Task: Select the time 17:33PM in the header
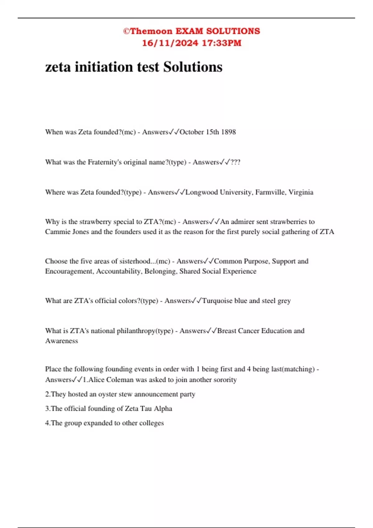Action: click(x=221, y=43)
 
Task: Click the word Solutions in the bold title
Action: click(x=193, y=67)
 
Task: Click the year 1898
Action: click(x=228, y=132)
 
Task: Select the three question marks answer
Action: click(x=235, y=162)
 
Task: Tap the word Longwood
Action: click(x=201, y=192)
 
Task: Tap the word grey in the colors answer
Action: click(x=284, y=301)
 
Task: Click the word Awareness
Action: click(x=62, y=341)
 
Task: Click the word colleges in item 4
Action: click(x=151, y=423)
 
